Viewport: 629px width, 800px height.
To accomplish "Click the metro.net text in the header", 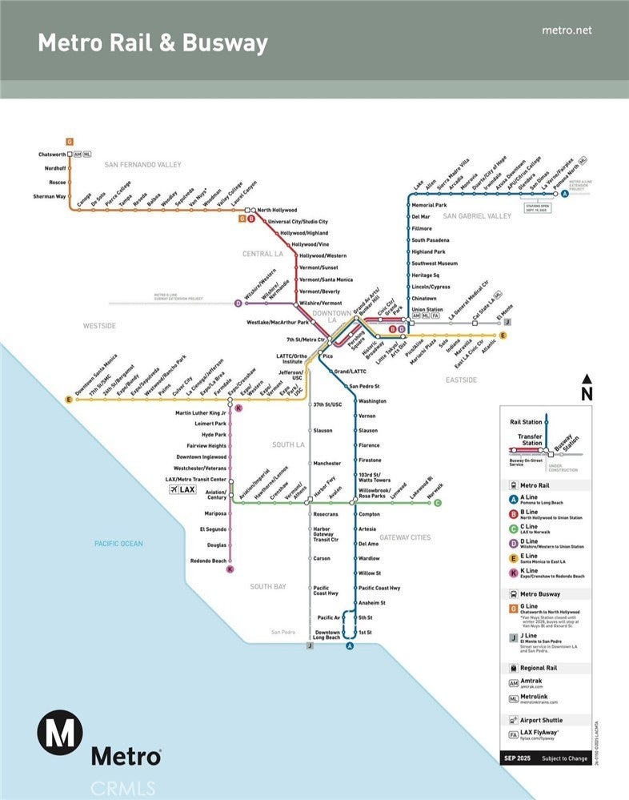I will pos(567,30).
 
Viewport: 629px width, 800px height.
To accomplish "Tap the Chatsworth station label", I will pos(51,154).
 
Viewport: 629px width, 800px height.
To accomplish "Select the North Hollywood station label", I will pos(277,210).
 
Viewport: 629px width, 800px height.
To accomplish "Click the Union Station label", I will pos(427,309).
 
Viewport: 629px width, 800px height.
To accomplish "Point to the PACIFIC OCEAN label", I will pos(118,544).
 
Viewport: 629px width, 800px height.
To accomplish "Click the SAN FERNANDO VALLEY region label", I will pos(143,165).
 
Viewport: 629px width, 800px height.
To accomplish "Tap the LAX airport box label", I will pos(183,489).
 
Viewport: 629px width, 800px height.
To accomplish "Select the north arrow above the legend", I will pos(587,388).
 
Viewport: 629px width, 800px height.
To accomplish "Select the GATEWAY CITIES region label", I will pos(405,537).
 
